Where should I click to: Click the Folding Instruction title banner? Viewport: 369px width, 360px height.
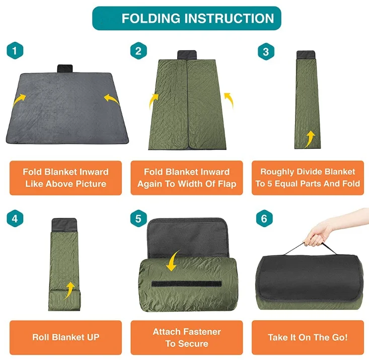click(x=186, y=19)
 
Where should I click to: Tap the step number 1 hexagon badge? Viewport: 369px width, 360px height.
click(x=16, y=51)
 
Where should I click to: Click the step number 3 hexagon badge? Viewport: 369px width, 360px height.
click(x=265, y=51)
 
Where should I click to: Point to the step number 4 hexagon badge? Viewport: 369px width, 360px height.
click(x=16, y=219)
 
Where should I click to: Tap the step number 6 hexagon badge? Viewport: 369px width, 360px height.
click(x=265, y=219)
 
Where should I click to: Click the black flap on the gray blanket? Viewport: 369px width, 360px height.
click(x=65, y=68)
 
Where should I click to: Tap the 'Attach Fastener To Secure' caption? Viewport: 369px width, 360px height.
click(x=187, y=338)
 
